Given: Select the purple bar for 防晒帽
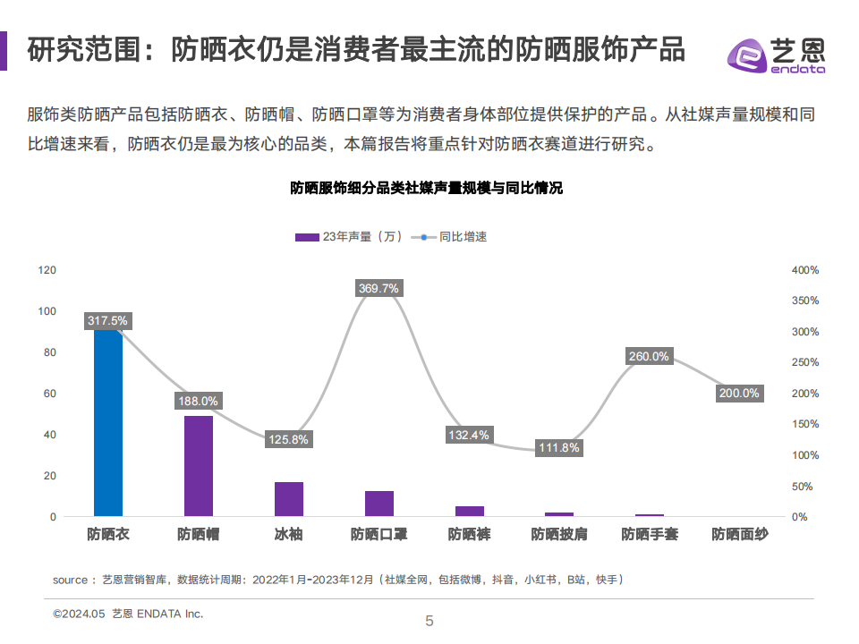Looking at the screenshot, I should click(199, 466).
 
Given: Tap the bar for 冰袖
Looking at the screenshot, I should click(289, 499).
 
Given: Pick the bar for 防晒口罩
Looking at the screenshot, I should click(379, 504).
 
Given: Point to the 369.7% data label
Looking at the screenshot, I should click(379, 288).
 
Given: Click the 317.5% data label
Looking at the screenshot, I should click(108, 320).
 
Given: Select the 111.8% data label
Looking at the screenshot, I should click(559, 447).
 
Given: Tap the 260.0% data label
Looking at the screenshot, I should click(649, 356).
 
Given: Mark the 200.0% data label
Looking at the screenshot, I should click(739, 394).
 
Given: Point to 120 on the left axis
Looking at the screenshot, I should click(47, 269).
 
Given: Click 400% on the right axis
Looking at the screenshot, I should click(805, 269).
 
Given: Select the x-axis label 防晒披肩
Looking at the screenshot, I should click(559, 535).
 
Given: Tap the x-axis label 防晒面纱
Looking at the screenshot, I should click(739, 535).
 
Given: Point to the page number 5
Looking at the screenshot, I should click(429, 621).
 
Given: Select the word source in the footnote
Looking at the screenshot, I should click(70, 580).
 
